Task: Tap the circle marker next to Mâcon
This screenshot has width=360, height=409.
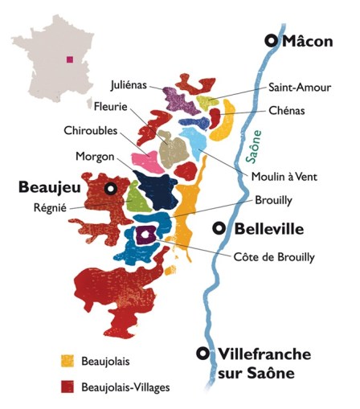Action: tap(272, 41)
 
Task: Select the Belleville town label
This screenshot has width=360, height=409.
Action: tap(268, 229)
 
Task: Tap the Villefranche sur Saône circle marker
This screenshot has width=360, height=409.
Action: tap(204, 354)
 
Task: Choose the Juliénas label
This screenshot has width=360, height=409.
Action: tap(130, 84)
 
